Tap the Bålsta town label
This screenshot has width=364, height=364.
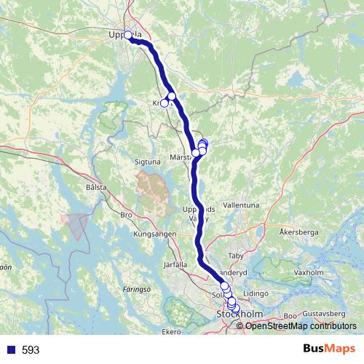click(x=96, y=187)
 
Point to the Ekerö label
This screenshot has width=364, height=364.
click(x=170, y=333)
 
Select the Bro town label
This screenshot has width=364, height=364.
click(x=126, y=215)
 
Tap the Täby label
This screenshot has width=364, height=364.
click(x=237, y=257)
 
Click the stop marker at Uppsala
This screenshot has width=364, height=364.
click(x=128, y=35)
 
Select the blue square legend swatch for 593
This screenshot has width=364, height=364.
click(x=10, y=350)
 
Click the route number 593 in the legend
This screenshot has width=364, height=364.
click(x=31, y=350)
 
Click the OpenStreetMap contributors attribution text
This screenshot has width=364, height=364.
click(x=301, y=326)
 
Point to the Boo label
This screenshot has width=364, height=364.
click(x=290, y=315)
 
